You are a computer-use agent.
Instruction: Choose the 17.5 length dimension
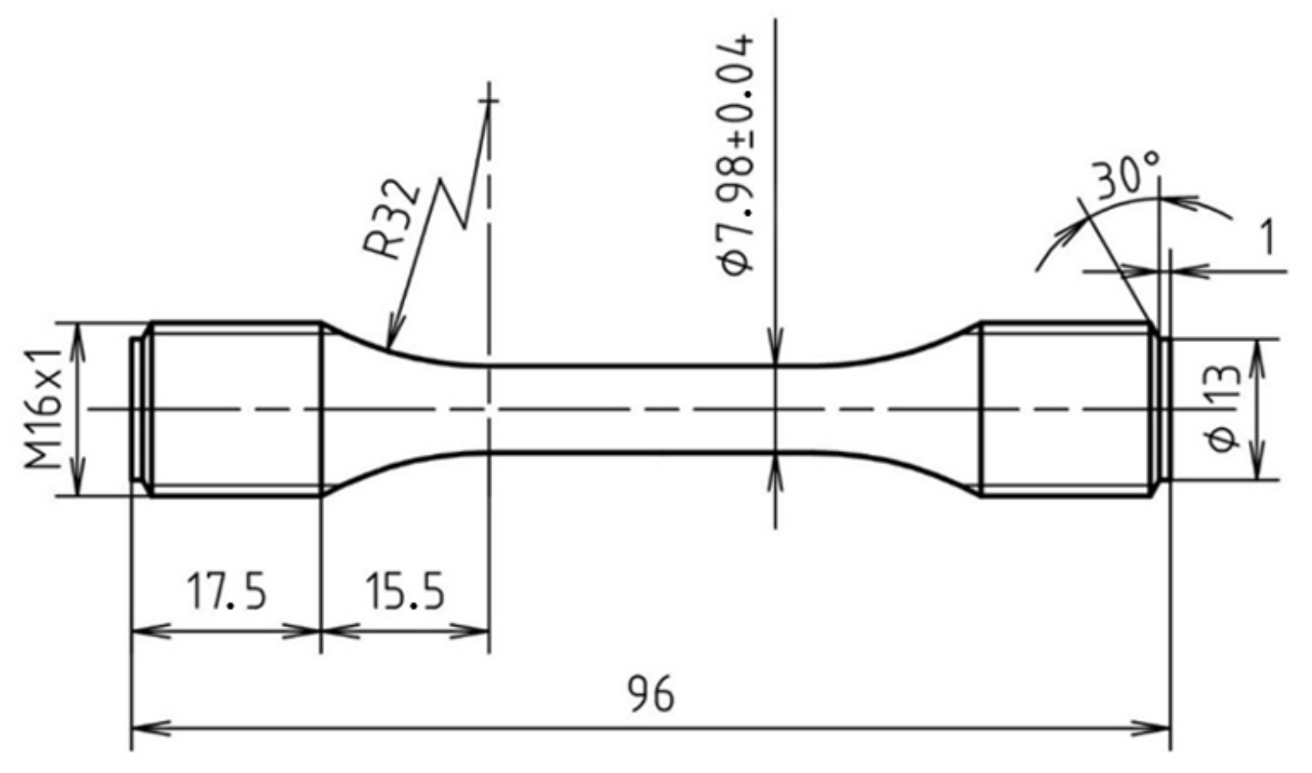(226, 591)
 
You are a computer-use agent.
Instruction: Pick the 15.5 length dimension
(405, 591)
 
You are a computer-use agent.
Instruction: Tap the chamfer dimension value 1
(1266, 238)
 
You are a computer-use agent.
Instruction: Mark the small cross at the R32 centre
(489, 101)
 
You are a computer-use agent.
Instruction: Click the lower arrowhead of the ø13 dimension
(1258, 468)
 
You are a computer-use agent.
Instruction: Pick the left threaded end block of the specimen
(236, 409)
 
